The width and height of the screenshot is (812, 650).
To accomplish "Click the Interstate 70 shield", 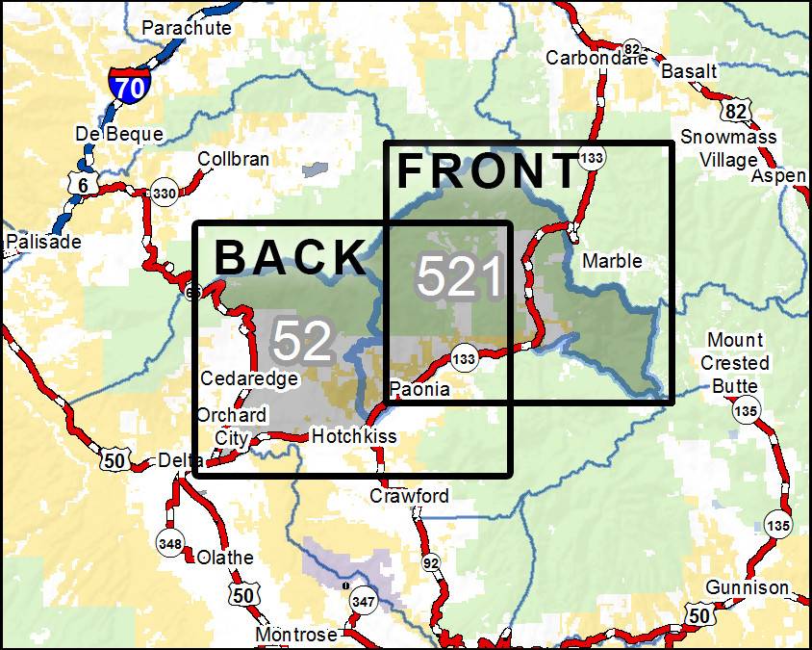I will [x=127, y=87].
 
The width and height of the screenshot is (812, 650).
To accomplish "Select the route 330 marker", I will [x=164, y=194].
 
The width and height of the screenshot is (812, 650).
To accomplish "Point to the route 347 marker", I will [x=363, y=601].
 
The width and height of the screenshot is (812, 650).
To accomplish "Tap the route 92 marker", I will [x=430, y=561].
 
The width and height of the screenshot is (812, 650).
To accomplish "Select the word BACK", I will [x=291, y=257].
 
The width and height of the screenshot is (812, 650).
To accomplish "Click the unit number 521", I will [x=460, y=277].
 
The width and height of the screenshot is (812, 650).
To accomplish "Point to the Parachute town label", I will [x=187, y=28].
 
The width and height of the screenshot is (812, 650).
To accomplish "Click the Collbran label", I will [x=233, y=159].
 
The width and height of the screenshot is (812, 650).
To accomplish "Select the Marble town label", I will [x=612, y=260].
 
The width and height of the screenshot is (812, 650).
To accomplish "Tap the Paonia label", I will [x=420, y=390].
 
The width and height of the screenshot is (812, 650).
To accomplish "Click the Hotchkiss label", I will [x=354, y=436].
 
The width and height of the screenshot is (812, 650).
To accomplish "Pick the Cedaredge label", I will [x=249, y=378].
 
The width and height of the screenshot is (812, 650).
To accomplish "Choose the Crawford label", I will [x=410, y=496].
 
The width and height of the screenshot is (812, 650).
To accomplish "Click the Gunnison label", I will [x=747, y=587].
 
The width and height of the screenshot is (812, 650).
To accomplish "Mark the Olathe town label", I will [x=225, y=558].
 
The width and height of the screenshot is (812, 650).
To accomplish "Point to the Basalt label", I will [x=689, y=71].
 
